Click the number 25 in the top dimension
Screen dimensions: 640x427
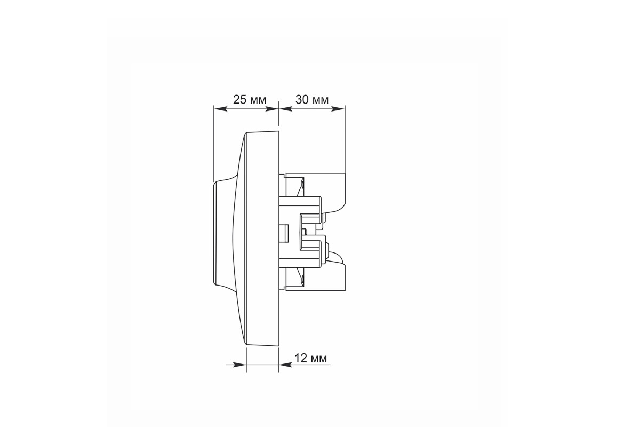click(x=239, y=99)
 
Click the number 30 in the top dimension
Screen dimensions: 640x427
click(x=302, y=99)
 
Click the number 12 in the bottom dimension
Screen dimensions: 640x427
click(x=301, y=358)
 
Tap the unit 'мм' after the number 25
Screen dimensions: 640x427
click(x=258, y=100)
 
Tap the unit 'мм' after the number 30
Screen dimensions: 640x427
click(x=321, y=100)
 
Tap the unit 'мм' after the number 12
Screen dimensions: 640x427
click(x=318, y=359)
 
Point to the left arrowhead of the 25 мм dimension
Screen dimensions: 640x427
click(x=221, y=109)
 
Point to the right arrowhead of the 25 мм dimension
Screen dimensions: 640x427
click(x=271, y=109)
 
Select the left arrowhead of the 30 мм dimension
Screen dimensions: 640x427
click(x=285, y=109)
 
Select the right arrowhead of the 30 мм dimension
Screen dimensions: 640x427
click(x=338, y=109)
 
